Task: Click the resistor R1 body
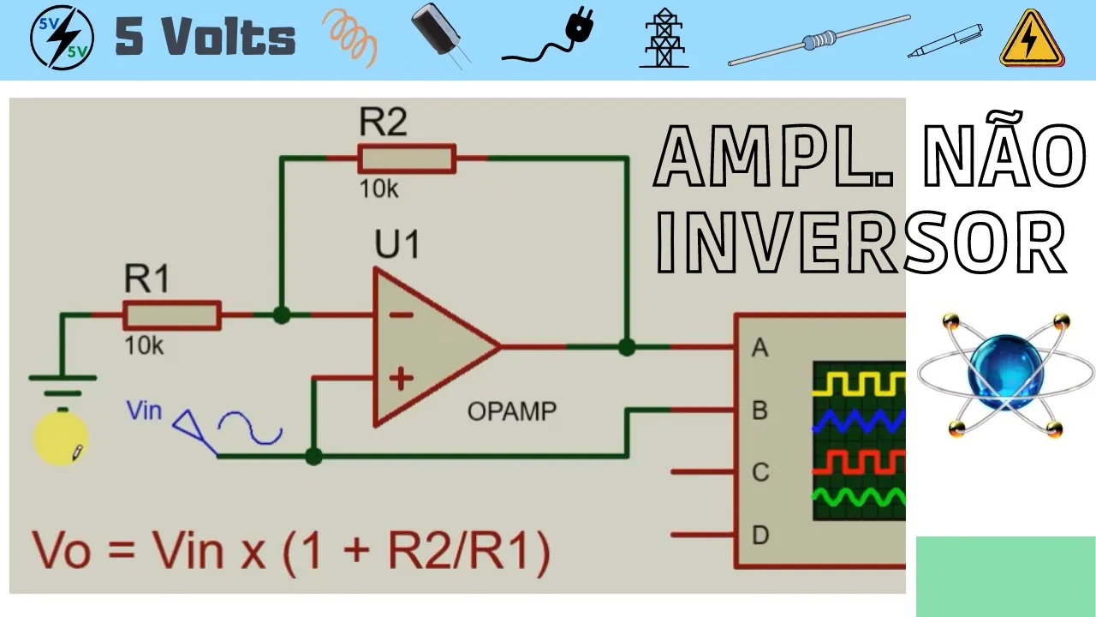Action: pyautogui.click(x=172, y=315)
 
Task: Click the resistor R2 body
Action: pyautogui.click(x=407, y=159)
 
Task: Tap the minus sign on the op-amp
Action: pyautogui.click(x=401, y=315)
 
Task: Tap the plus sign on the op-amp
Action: pyautogui.click(x=401, y=377)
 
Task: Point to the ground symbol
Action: pyautogui.click(x=62, y=379)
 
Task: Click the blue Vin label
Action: pyautogui.click(x=144, y=410)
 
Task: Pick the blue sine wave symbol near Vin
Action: pyautogui.click(x=249, y=428)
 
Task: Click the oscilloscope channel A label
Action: pyautogui.click(x=759, y=348)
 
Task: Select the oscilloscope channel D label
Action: pyautogui.click(x=759, y=536)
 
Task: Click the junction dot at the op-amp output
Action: pyautogui.click(x=627, y=347)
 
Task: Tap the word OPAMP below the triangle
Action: pyautogui.click(x=511, y=411)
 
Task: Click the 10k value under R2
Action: pyautogui.click(x=378, y=189)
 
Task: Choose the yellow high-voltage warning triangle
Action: pyautogui.click(x=1032, y=39)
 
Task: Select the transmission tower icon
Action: pyautogui.click(x=664, y=39)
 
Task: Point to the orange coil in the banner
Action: pyautogui.click(x=350, y=38)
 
